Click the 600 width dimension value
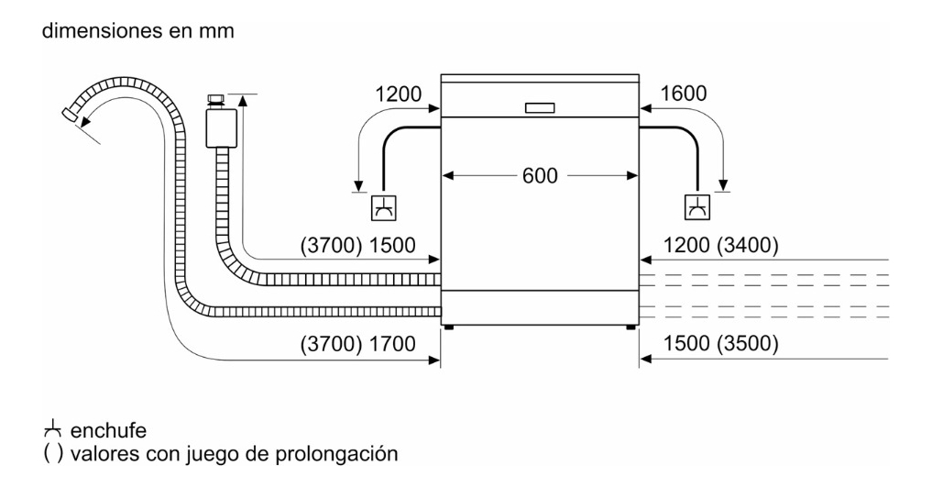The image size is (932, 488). point(540,175)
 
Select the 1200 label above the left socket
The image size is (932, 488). point(399,94)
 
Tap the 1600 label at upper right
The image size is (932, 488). point(684,94)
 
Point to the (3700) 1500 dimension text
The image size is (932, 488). point(357,245)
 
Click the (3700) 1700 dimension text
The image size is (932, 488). point(357,344)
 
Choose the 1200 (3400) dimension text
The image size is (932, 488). point(720,245)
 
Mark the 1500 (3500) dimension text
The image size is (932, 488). point(720,343)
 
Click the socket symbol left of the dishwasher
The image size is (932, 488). point(384,207)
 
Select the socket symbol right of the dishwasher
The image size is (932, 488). point(696,207)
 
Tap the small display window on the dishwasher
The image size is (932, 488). point(540,107)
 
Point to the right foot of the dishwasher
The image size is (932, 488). point(630,327)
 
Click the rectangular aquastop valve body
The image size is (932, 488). point(221,128)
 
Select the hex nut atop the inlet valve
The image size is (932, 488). point(216,99)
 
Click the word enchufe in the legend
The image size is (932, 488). point(108,430)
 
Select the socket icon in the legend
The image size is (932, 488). point(53,428)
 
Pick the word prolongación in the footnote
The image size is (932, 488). point(336,454)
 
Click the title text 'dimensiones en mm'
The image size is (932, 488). point(137,30)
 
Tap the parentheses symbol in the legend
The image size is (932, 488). point(53,454)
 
